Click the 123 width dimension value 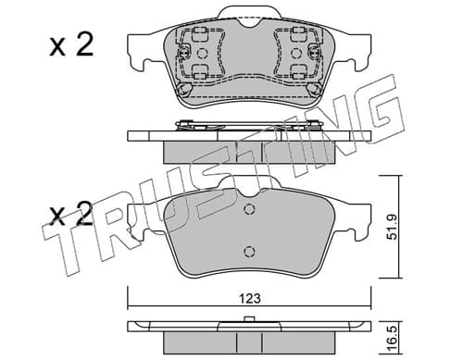coord(250,298)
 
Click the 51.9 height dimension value coord(393,227)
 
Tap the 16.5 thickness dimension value coord(392,339)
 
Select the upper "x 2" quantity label coord(71,45)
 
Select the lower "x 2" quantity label coord(71,214)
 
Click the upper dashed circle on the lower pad coord(249,209)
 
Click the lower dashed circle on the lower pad coord(249,252)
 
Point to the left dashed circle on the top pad coord(203,54)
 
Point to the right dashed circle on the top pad coord(296,54)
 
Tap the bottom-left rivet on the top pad coord(184,89)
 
